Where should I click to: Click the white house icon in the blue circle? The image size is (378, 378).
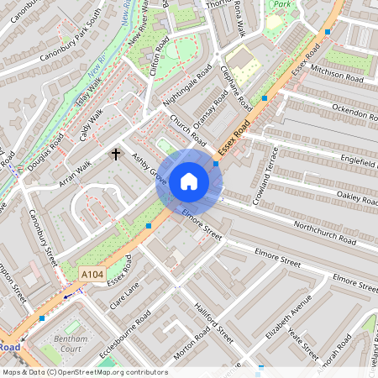(x=189, y=181)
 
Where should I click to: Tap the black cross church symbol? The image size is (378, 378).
(x=117, y=155)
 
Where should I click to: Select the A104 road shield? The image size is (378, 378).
(x=92, y=274)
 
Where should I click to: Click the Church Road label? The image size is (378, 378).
(x=186, y=128)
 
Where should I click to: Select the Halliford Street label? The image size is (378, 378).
(x=213, y=323)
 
